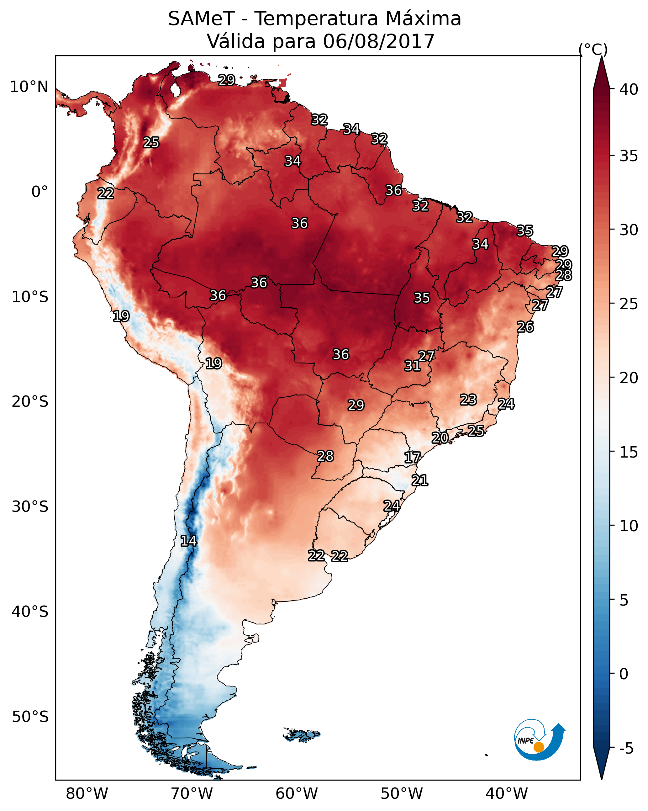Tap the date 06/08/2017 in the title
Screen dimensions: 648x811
(x=379, y=41)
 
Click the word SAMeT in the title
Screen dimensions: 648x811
(x=201, y=19)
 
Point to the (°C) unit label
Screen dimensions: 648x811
(x=593, y=49)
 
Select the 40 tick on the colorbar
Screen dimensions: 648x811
(x=629, y=89)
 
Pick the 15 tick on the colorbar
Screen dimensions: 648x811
(x=629, y=452)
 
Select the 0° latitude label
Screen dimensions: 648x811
(x=40, y=192)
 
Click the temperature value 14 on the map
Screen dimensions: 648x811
(x=188, y=541)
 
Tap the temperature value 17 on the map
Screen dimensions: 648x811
(x=412, y=458)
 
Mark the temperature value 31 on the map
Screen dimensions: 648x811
(x=412, y=366)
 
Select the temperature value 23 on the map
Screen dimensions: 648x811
(x=468, y=400)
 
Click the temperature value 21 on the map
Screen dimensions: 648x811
(x=420, y=480)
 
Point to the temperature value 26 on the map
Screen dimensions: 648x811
(x=525, y=327)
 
